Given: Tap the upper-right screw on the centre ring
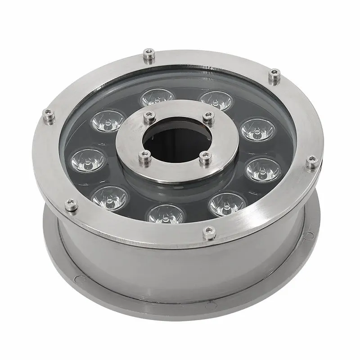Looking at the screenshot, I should (x=207, y=116).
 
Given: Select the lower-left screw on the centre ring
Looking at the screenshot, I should (x=144, y=156).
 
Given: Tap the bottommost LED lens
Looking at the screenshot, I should (x=166, y=214).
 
